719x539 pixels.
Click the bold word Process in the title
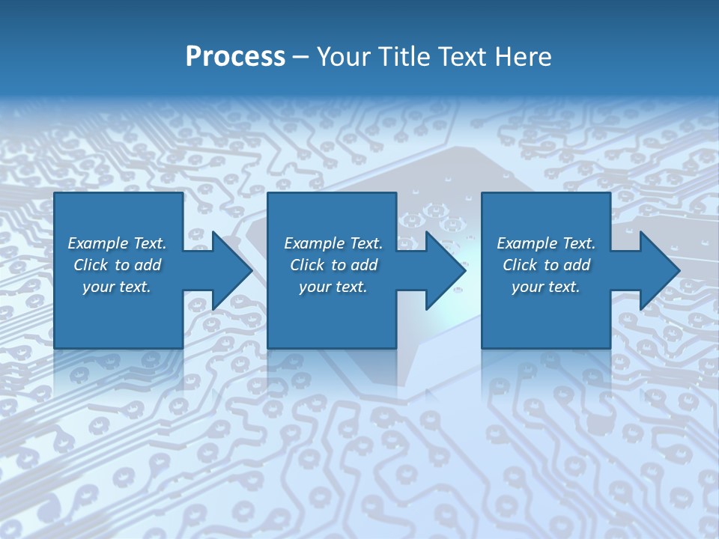coord(235,57)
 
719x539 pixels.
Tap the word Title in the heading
coord(404,57)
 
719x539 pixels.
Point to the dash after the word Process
coord(300,58)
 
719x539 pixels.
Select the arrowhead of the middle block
coord(444,271)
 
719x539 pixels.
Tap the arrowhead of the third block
coord(658,271)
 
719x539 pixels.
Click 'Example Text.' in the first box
coord(118,243)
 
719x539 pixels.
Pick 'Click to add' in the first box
coord(118,265)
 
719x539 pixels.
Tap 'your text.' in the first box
coord(118,287)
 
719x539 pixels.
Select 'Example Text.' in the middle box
coord(333,243)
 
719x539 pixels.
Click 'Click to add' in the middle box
coord(333,265)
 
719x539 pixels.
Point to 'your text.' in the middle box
coord(333,287)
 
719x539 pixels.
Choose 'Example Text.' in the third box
coord(546,243)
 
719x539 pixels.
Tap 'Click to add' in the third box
coord(546,265)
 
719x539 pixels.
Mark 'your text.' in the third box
coord(546,287)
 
